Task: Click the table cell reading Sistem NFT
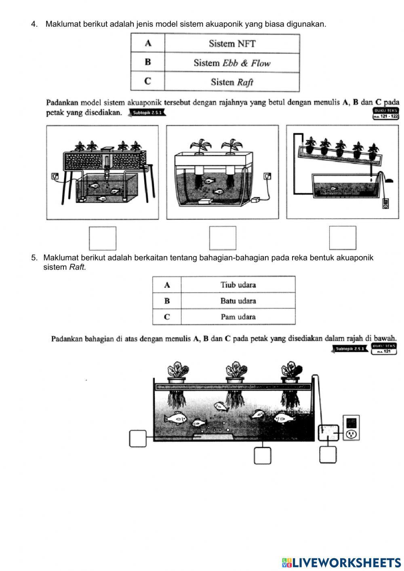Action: pyautogui.click(x=232, y=44)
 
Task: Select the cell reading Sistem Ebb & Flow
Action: pyautogui.click(x=232, y=63)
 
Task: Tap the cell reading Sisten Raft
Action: pyautogui.click(x=232, y=82)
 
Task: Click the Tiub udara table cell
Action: pyautogui.click(x=238, y=285)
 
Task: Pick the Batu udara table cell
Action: pyautogui.click(x=238, y=301)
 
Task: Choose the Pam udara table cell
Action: pyautogui.click(x=238, y=317)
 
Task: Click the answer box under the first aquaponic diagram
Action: pyautogui.click(x=102, y=238)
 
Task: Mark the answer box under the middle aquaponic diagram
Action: pyautogui.click(x=222, y=238)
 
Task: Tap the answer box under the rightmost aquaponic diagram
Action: pyautogui.click(x=342, y=238)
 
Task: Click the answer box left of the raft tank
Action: pyautogui.click(x=138, y=438)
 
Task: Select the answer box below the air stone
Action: pyautogui.click(x=262, y=455)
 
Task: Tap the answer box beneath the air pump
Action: pyautogui.click(x=328, y=455)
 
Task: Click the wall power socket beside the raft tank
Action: pyautogui.click(x=351, y=434)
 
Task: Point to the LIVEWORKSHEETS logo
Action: pyautogui.click(x=341, y=562)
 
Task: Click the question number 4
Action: pyautogui.click(x=34, y=24)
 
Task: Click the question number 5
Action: pyautogui.click(x=34, y=258)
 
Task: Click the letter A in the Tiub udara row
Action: pyautogui.click(x=167, y=285)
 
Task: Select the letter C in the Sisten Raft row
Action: pyautogui.click(x=147, y=82)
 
